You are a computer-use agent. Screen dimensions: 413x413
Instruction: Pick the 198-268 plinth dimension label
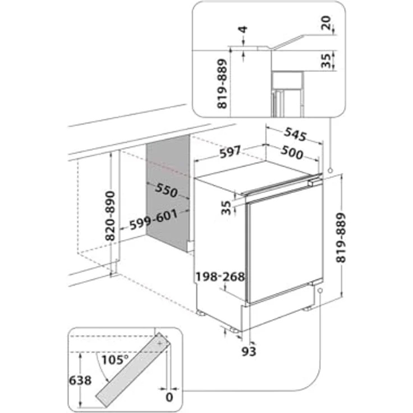(x=220, y=277)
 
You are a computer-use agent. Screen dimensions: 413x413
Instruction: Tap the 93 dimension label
(x=249, y=351)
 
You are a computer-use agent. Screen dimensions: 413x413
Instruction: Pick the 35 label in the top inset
(x=328, y=61)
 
